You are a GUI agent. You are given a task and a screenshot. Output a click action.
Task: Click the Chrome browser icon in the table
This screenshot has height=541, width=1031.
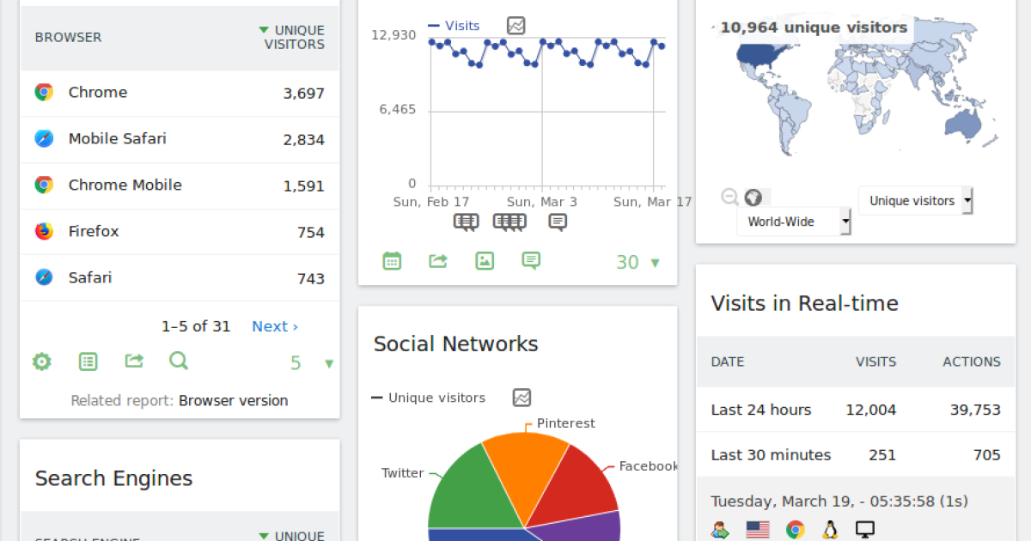tap(44, 93)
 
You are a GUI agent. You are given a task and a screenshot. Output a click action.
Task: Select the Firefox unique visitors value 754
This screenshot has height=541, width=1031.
tap(310, 232)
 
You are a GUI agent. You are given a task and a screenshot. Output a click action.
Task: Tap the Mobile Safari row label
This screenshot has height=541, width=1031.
tap(117, 138)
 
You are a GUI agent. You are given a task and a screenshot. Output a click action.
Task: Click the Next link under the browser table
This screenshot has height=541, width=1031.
tap(274, 326)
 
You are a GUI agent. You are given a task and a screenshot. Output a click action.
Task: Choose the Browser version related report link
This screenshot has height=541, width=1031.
tap(233, 400)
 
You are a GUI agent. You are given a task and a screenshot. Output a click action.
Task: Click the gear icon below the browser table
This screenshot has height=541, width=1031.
tap(42, 362)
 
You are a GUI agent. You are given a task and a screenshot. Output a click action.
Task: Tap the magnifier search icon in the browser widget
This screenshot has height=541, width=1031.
tap(179, 362)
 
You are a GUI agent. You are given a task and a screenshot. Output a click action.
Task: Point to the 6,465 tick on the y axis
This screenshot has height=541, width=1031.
tap(397, 110)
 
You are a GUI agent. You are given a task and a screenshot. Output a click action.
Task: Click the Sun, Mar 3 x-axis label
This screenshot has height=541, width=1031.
tap(541, 202)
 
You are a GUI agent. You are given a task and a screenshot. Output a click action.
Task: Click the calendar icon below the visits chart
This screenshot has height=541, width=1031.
tap(392, 261)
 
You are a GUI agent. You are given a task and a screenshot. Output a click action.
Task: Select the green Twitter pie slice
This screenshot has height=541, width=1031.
tap(464, 489)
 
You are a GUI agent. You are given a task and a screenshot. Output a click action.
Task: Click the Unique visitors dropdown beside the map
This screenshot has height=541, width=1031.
tap(915, 201)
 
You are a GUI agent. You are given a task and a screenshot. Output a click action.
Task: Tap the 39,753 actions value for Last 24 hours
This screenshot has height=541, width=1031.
tap(974, 410)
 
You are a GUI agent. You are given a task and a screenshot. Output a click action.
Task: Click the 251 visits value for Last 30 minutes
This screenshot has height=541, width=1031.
tap(882, 455)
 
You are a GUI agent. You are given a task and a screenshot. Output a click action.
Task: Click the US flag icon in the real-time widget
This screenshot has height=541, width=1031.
tap(758, 530)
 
